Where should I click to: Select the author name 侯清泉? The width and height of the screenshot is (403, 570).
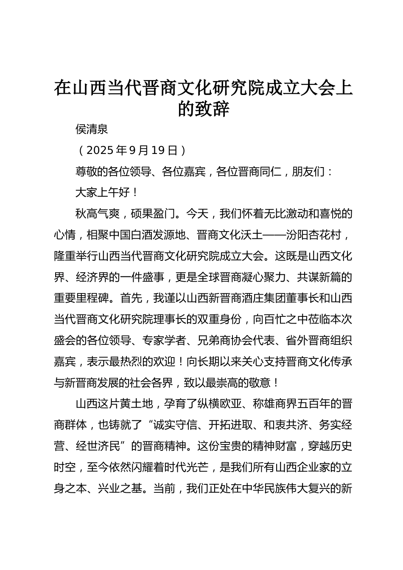coord(92,129)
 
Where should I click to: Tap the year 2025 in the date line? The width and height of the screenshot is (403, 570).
coord(100,150)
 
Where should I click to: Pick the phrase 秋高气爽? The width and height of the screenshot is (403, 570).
coord(97,214)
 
